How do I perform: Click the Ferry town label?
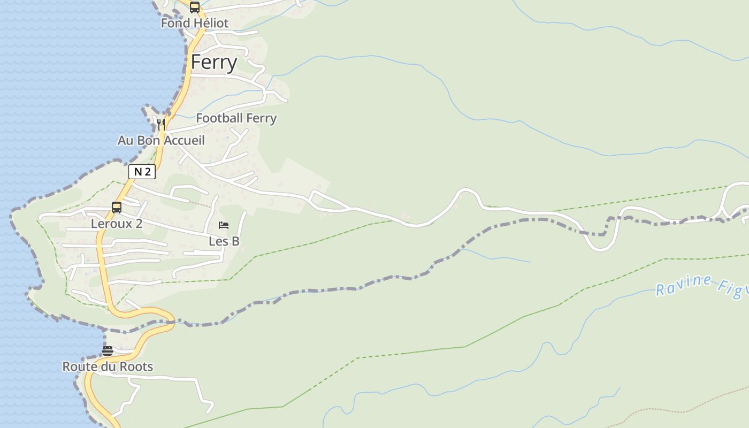[x=214, y=63]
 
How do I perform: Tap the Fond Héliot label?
[x=195, y=23]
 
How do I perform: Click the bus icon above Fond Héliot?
[x=195, y=7]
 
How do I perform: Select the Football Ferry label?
[x=236, y=118]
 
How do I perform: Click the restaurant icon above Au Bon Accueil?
[x=160, y=125]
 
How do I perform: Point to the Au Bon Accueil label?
[x=161, y=140]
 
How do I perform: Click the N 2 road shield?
[x=142, y=172]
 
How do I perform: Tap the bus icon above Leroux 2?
[x=117, y=208]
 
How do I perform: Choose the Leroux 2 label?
[x=117, y=224]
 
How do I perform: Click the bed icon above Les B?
[x=224, y=225]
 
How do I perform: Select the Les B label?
[x=224, y=241]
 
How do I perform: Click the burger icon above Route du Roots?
[x=108, y=351]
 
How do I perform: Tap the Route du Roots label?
[x=108, y=366]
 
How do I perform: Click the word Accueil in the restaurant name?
[x=184, y=140]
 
